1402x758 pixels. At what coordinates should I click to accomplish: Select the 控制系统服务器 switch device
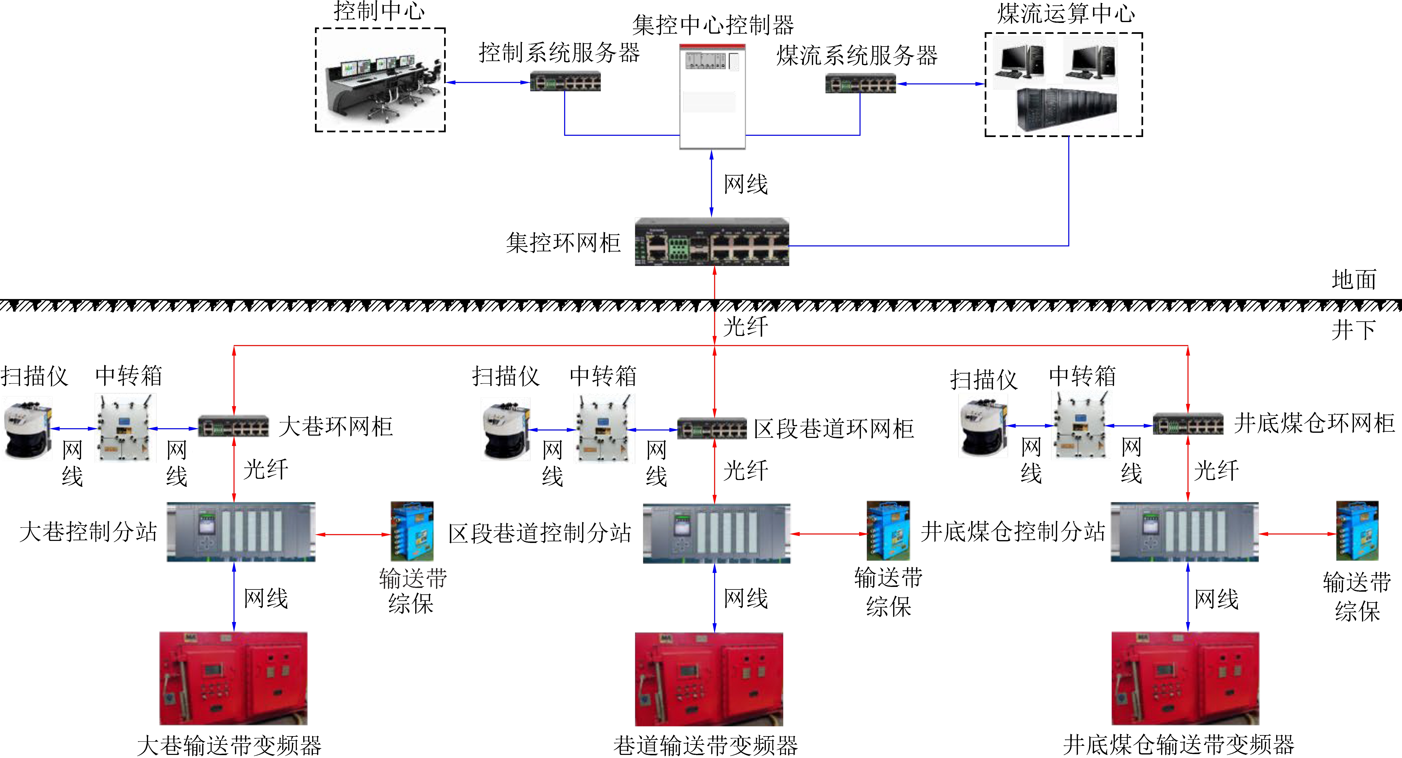click(565, 82)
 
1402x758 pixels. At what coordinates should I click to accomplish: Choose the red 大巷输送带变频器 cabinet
click(233, 678)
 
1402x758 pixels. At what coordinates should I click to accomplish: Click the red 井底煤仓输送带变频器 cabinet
click(1185, 678)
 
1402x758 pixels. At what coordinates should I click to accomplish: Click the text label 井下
click(1354, 329)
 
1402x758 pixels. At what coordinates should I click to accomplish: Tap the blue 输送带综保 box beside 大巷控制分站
click(412, 531)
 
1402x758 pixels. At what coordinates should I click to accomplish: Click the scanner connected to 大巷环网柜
click(27, 429)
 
